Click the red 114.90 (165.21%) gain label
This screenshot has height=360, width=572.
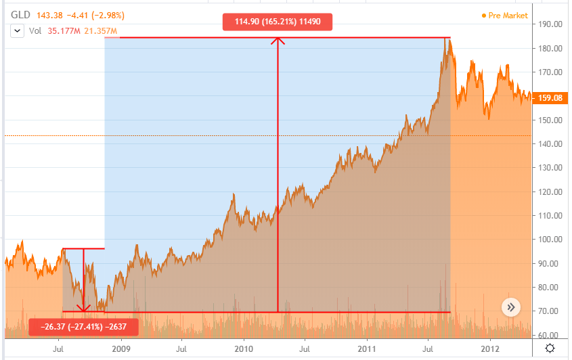pyautogui.click(x=278, y=22)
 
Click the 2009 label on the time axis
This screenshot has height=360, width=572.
pyautogui.click(x=120, y=349)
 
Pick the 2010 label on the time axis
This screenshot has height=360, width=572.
pyautogui.click(x=243, y=349)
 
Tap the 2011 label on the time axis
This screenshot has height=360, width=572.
pyautogui.click(x=366, y=349)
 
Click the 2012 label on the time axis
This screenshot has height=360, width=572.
pyautogui.click(x=489, y=349)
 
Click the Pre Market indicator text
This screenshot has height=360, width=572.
pyautogui.click(x=504, y=16)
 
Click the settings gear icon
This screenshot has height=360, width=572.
pyautogui.click(x=551, y=348)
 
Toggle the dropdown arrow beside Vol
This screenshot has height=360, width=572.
pyautogui.click(x=16, y=30)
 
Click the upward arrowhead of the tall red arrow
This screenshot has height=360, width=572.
pyautogui.click(x=278, y=40)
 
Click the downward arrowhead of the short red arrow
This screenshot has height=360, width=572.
pyautogui.click(x=83, y=309)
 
